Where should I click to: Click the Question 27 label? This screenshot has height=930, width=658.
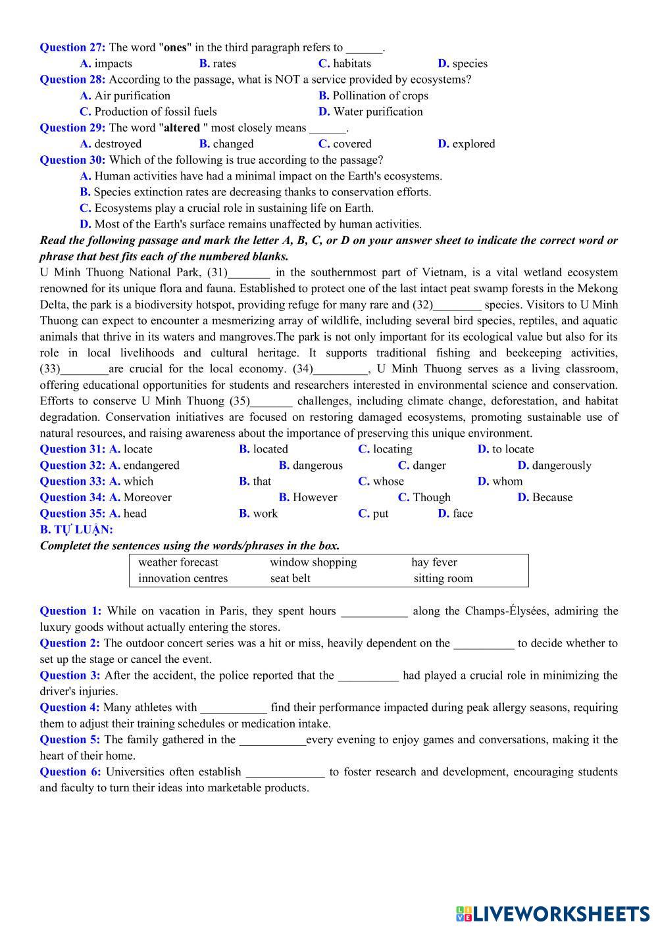tap(72, 47)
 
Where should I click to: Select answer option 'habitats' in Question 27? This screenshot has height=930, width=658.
tap(351, 64)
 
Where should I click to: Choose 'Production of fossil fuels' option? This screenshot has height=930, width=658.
tap(155, 112)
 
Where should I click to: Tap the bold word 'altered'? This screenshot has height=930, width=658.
tap(182, 128)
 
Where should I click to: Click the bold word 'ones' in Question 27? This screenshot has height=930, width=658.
tap(175, 47)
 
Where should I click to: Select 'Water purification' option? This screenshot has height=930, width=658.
tap(378, 112)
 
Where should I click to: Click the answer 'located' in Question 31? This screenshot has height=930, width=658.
tap(270, 449)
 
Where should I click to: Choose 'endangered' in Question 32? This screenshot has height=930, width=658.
tap(151, 466)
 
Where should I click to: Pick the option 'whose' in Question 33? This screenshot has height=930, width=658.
tap(388, 481)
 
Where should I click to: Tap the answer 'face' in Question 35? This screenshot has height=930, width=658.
tap(462, 514)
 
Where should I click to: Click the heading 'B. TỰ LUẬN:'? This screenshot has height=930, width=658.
tap(76, 529)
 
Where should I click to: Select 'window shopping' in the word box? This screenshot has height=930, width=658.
tap(313, 562)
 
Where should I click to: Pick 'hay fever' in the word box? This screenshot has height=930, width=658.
tap(434, 562)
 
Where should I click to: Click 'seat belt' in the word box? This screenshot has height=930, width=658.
tap(290, 579)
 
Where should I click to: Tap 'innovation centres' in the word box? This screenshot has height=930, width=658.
tap(183, 579)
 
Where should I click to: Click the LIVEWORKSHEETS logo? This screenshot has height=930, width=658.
tap(552, 914)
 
